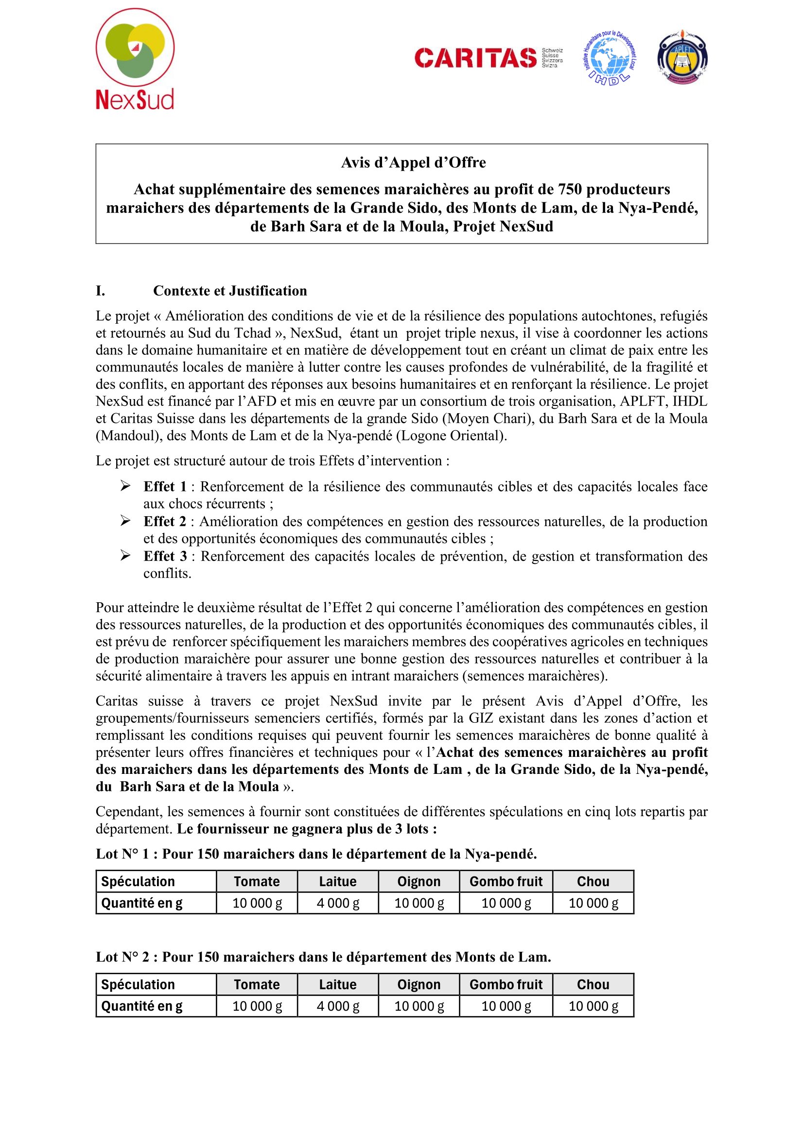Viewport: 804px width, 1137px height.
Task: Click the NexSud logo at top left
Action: (x=135, y=59)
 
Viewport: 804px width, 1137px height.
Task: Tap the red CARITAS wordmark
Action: (x=475, y=58)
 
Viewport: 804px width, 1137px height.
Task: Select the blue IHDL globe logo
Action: (x=609, y=58)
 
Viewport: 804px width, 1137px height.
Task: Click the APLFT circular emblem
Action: (x=682, y=58)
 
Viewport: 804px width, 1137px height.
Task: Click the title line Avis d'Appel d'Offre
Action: (x=413, y=162)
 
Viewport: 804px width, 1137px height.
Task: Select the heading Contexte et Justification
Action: (x=230, y=291)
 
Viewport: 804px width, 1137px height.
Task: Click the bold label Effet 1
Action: (x=165, y=486)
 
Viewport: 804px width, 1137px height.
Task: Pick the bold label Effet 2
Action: (x=165, y=522)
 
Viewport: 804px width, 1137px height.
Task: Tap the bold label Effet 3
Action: (x=165, y=556)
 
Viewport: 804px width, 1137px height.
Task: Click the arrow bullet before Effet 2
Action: (x=125, y=521)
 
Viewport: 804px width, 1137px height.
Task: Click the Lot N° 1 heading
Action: (x=316, y=854)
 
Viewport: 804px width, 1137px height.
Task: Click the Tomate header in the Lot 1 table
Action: (x=257, y=881)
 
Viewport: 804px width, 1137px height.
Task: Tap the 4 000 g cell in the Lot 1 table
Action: (x=338, y=903)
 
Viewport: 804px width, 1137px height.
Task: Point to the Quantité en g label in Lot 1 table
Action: (x=141, y=903)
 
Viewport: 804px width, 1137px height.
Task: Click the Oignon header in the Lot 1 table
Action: (x=419, y=881)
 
